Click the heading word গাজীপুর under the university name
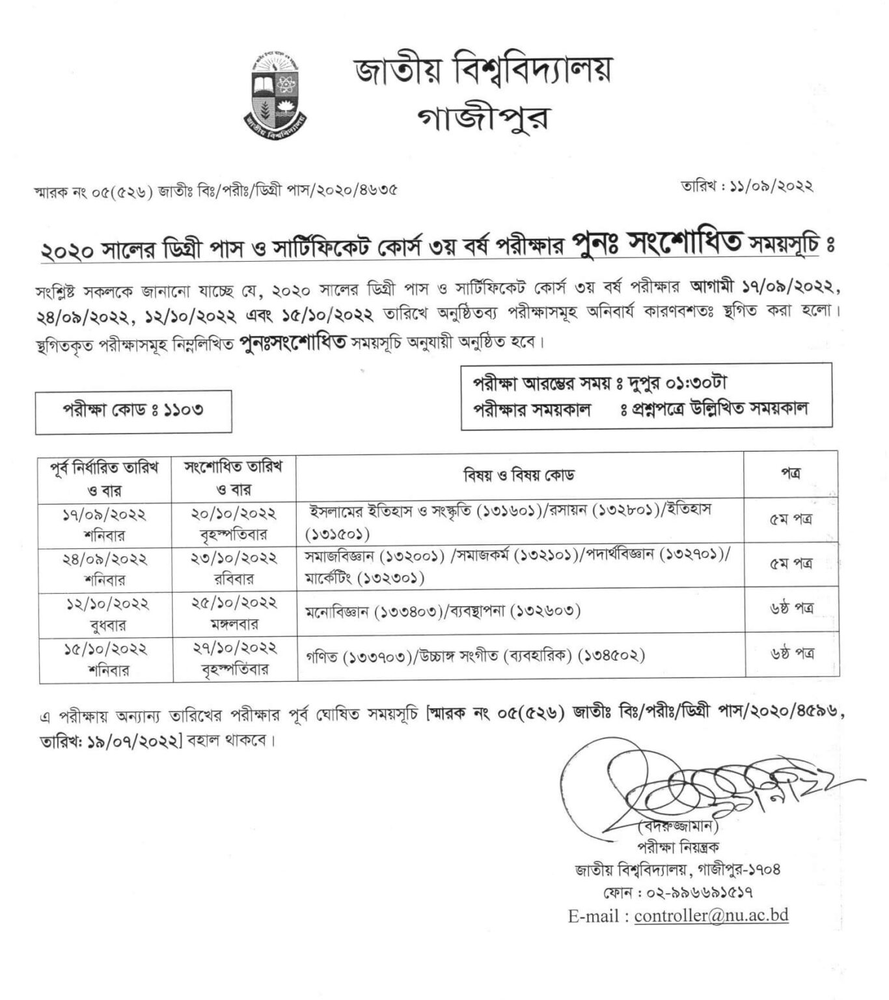[x=483, y=118]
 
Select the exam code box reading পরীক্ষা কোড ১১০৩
[x=133, y=411]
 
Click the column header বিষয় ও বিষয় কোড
[x=519, y=475]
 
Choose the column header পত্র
[x=790, y=473]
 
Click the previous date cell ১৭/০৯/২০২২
[x=104, y=515]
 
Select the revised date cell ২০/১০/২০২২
[x=234, y=514]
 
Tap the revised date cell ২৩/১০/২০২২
[x=234, y=558]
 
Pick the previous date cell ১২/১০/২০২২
[x=107, y=604]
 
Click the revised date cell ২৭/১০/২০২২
[x=235, y=648]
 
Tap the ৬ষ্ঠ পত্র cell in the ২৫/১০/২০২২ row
[x=790, y=610]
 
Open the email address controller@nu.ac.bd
[x=711, y=915]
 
